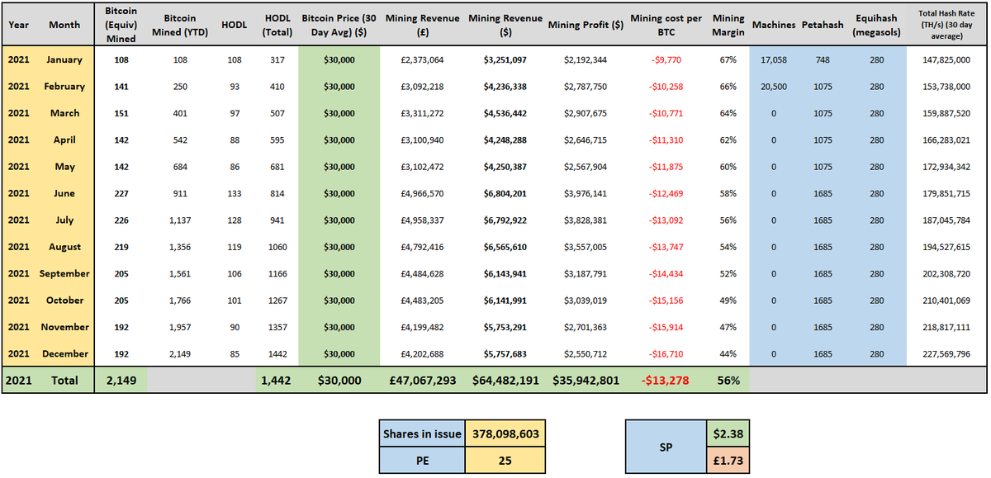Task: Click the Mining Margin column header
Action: click(x=728, y=24)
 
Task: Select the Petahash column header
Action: click(x=822, y=25)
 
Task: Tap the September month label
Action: click(x=64, y=273)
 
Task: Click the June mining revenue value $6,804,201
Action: click(x=505, y=193)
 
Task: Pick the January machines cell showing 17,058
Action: click(x=773, y=59)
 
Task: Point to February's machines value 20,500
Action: click(x=773, y=87)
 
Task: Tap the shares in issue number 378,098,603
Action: click(x=505, y=434)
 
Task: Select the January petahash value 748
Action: click(x=822, y=59)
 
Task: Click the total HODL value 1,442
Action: click(x=277, y=381)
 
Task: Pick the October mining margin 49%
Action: click(x=728, y=301)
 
